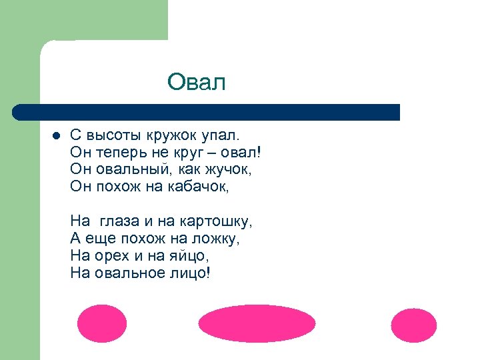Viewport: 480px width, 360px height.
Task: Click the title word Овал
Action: click(x=197, y=83)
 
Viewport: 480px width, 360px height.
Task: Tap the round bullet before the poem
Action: click(x=56, y=135)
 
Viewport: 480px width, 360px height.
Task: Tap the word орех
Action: click(x=116, y=255)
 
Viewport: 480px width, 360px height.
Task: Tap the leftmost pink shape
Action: click(x=101, y=324)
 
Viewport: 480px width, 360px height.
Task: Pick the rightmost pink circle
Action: click(x=413, y=325)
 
